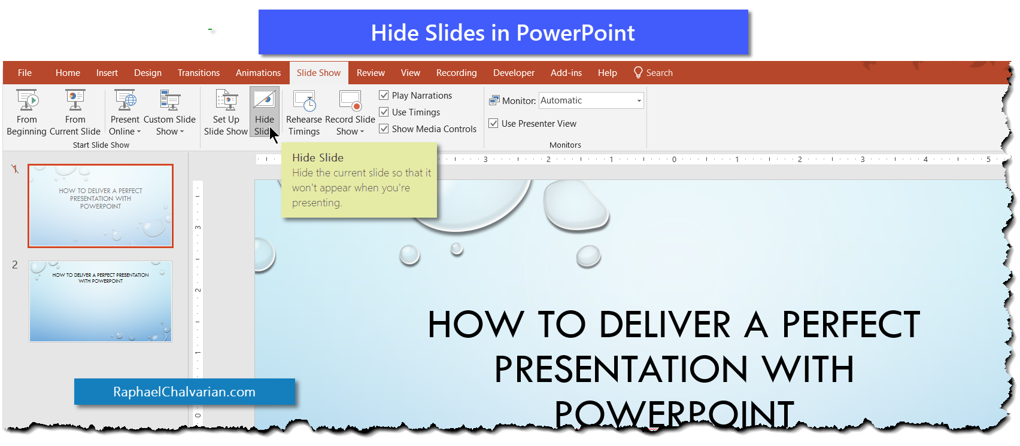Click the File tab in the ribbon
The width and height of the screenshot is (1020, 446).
[x=25, y=73]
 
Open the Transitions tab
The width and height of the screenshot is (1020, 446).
[x=198, y=73]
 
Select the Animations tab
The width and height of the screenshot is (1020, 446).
[x=258, y=73]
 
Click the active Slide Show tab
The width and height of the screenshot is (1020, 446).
[x=318, y=73]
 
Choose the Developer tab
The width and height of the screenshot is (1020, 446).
[x=514, y=73]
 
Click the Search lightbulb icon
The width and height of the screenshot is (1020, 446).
[x=638, y=72]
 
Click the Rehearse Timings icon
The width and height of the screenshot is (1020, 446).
[x=305, y=101]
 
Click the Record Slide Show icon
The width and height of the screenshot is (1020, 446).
[x=350, y=100]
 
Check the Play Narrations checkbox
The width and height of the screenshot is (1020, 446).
[x=384, y=95]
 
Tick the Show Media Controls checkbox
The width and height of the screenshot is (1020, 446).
[x=384, y=129]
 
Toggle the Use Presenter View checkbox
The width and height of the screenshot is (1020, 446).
[x=494, y=123]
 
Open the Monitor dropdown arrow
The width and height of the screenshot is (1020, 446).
[x=639, y=100]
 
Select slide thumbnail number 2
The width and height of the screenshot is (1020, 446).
[x=101, y=301]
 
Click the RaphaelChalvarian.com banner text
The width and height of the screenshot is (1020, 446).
[x=184, y=392]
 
